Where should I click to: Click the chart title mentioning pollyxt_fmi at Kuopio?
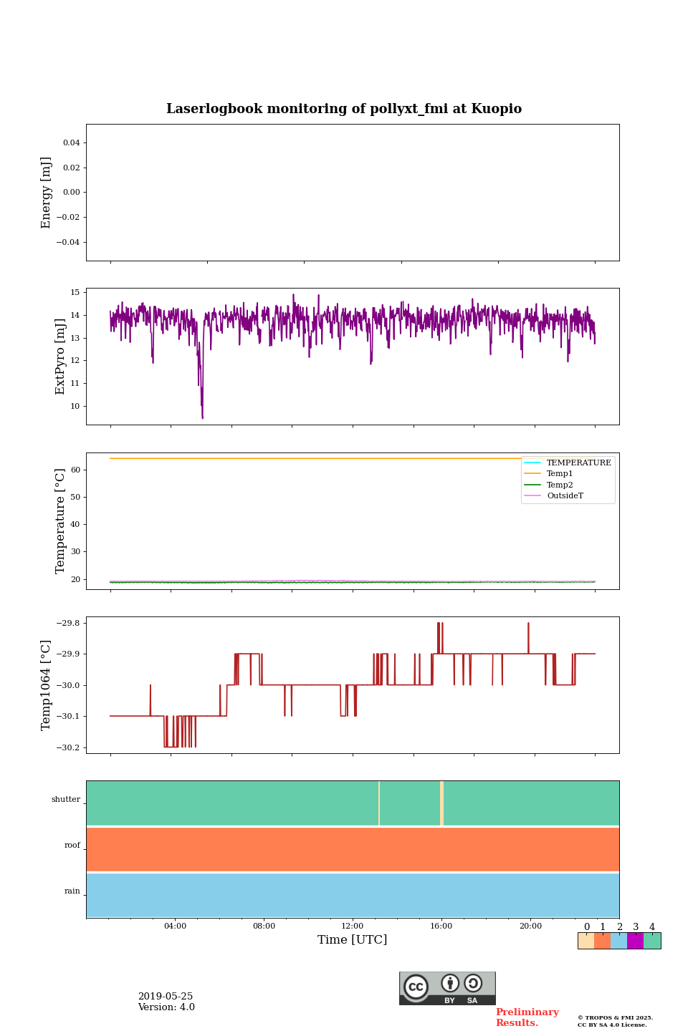pyautogui.click(x=344, y=109)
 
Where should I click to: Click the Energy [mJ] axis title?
pyautogui.click(x=47, y=193)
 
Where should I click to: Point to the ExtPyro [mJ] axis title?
pyautogui.click(x=60, y=357)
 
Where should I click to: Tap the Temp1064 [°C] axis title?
pyautogui.click(x=47, y=685)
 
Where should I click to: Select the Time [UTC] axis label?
pyautogui.click(x=353, y=939)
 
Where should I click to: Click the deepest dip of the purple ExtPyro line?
pyautogui.click(x=203, y=417)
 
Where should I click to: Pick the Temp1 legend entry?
pyautogui.click(x=560, y=474)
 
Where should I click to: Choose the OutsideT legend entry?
pyautogui.click(x=565, y=495)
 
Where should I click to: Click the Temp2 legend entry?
pyautogui.click(x=560, y=485)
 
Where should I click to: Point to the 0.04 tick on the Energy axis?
pyautogui.click(x=71, y=143)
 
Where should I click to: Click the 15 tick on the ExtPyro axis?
pyautogui.click(x=75, y=293)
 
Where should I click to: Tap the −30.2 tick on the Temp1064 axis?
pyautogui.click(x=68, y=747)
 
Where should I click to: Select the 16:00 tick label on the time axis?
pyautogui.click(x=441, y=926)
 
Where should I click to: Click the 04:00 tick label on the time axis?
pyautogui.click(x=175, y=926)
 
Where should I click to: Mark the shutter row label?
pyautogui.click(x=66, y=800)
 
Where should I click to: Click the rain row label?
pyautogui.click(x=72, y=891)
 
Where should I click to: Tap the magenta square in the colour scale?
pyautogui.click(x=635, y=941)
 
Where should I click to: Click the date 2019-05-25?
pyautogui.click(x=166, y=997)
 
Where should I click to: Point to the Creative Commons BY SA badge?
pyautogui.click(x=447, y=988)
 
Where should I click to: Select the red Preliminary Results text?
pyautogui.click(x=527, y=1017)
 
